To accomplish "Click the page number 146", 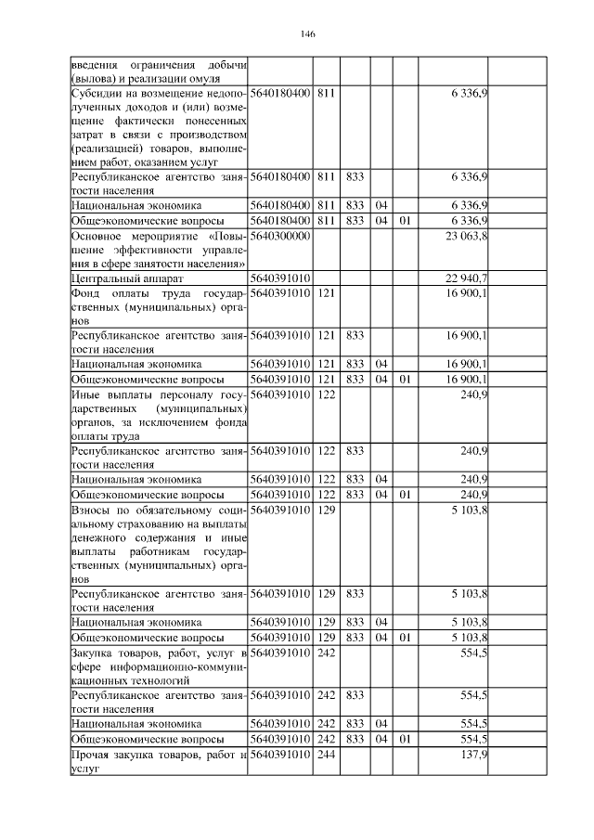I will click(309, 34).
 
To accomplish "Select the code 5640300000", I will click(279, 237).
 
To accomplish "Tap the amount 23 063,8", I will click(469, 237).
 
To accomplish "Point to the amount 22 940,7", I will click(469, 278).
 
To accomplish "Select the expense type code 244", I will click(326, 756).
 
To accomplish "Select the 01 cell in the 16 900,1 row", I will click(404, 380).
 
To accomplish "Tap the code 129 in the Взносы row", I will click(326, 510).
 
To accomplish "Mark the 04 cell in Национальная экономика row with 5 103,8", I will click(381, 621).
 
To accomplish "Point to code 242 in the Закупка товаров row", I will click(326, 654).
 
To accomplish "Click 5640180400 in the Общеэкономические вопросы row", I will click(279, 220).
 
